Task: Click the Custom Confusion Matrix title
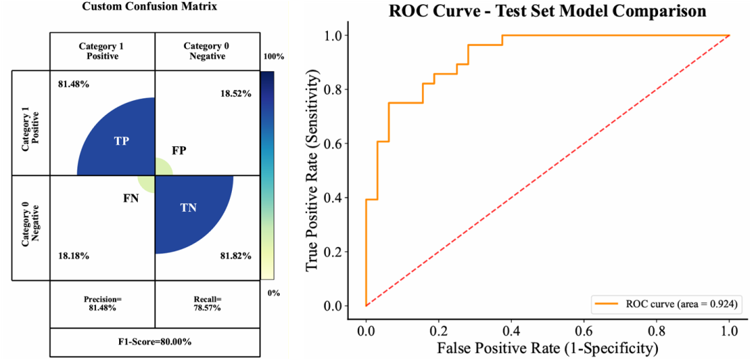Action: coord(139,7)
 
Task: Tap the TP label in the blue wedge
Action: coord(122,141)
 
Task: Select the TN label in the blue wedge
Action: coord(188,207)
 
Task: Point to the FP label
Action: coord(179,150)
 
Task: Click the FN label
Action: coord(131,198)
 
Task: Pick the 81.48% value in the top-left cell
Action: coord(74,84)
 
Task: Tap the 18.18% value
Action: coord(74,256)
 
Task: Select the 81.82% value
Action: coord(235,256)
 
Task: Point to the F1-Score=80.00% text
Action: coord(155,341)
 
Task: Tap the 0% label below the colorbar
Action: coord(274,292)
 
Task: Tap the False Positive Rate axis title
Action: coord(547,346)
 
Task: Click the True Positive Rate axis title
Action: coord(313,171)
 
